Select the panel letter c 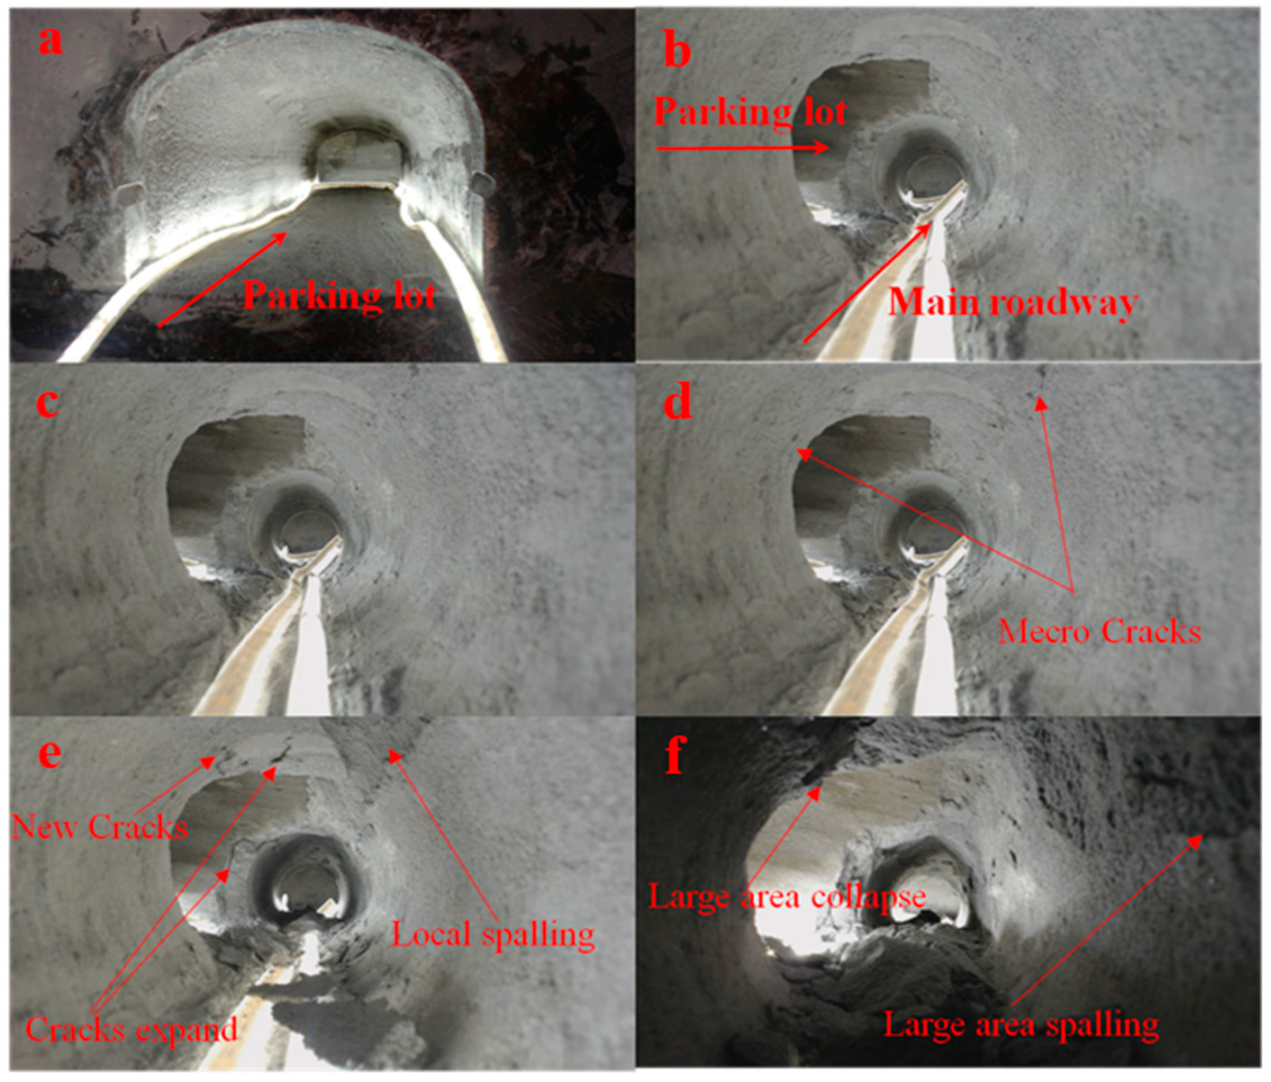pos(48,403)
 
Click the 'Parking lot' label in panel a pos(340,296)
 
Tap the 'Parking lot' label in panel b pos(750,112)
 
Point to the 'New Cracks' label pos(100,827)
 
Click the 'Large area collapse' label pos(787,897)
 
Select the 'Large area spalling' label pos(1021,1025)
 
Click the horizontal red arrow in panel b pos(743,148)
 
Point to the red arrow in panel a pos(223,279)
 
